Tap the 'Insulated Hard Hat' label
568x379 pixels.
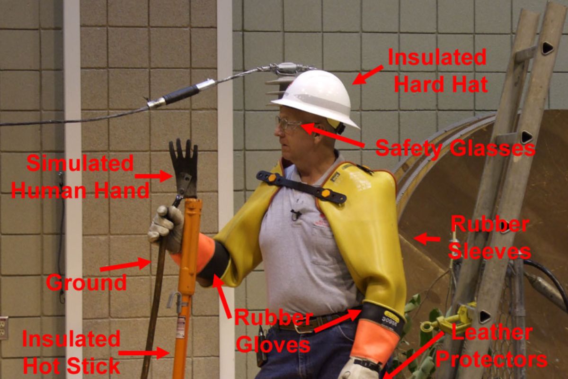tap(438, 71)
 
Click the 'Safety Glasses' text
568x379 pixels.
tap(455, 148)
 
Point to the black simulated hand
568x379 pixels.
tap(184, 168)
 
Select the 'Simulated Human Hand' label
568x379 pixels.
tap(80, 177)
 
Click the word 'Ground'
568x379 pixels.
tap(86, 282)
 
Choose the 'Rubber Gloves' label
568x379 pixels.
tap(274, 331)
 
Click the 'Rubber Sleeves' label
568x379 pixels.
tap(489, 237)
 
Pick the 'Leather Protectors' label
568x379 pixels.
tap(491, 346)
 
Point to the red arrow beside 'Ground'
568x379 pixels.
tap(125, 264)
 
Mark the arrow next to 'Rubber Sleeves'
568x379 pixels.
tap(427, 239)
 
